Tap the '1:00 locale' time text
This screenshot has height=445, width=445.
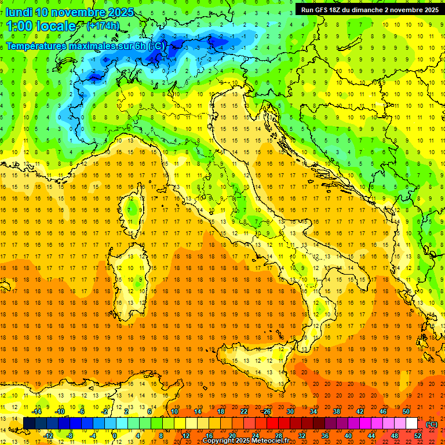[41, 26]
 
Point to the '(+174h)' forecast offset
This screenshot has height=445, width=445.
[103, 26]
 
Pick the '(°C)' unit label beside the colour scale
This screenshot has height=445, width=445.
[431, 424]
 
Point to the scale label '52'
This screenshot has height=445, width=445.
[418, 435]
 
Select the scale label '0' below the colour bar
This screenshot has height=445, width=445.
[115, 435]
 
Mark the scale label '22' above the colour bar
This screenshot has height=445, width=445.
[244, 411]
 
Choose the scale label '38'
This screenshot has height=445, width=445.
[336, 411]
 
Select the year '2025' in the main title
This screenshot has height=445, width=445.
[121, 12]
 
